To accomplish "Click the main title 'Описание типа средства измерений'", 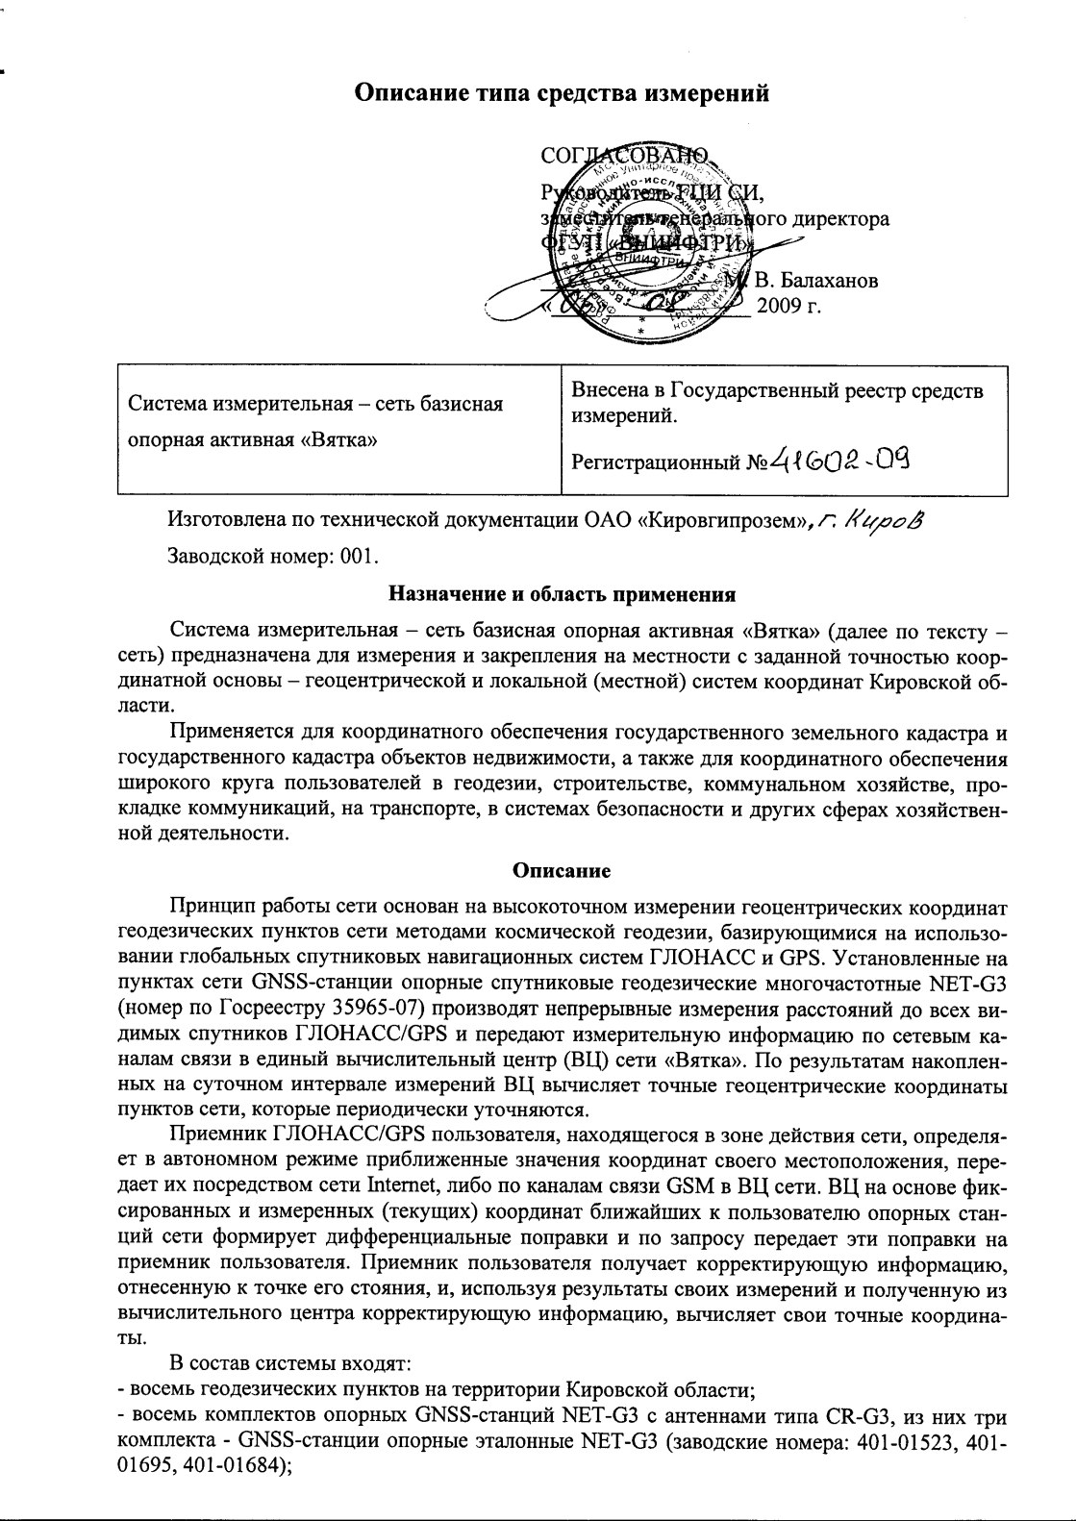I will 563,93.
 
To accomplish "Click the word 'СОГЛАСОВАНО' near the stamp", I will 625,157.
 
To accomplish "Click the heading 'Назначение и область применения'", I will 562,593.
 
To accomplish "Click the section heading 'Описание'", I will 562,871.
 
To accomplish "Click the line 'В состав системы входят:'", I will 290,1362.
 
